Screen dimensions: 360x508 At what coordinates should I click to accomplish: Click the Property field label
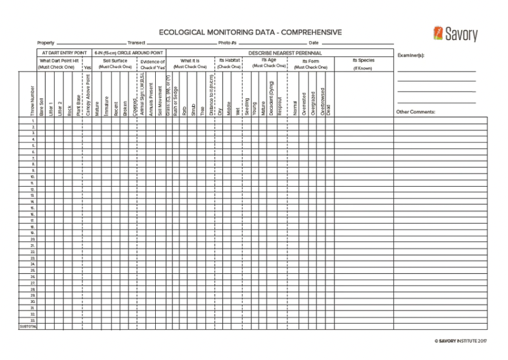click(x=45, y=43)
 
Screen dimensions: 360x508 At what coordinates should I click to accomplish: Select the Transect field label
click(x=136, y=43)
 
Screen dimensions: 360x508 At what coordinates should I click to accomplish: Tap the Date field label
click(x=313, y=43)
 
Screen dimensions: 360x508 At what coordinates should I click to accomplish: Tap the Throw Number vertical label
click(x=32, y=101)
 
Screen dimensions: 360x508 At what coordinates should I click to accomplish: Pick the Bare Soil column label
click(x=41, y=106)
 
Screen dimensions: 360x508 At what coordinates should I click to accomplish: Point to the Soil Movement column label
click(x=160, y=104)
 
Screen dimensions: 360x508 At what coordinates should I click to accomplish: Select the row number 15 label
click(x=32, y=208)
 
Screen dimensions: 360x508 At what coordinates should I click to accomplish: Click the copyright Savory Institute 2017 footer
click(x=461, y=341)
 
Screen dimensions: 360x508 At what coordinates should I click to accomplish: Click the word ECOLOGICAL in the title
click(x=183, y=33)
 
